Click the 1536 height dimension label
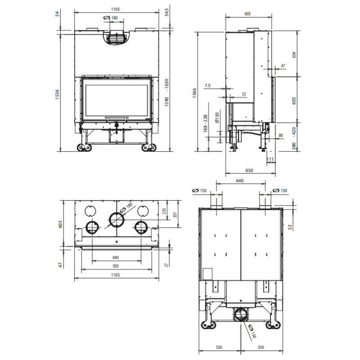click(x=57, y=94)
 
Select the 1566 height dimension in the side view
click(x=194, y=93)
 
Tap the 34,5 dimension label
click(x=166, y=12)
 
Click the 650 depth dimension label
click(x=249, y=171)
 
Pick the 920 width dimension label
click(x=116, y=266)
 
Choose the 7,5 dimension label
click(x=207, y=85)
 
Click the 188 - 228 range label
click(x=205, y=123)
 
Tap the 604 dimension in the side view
click(x=294, y=55)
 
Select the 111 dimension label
click(x=270, y=159)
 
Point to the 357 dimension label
click(x=175, y=215)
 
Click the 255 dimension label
click(x=164, y=211)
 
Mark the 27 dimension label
click(x=166, y=265)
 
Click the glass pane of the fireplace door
click(x=117, y=100)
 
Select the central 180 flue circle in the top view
click(x=117, y=220)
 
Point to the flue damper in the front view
click(x=117, y=38)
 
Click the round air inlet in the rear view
click(x=241, y=314)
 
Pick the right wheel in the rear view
click(x=273, y=324)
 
